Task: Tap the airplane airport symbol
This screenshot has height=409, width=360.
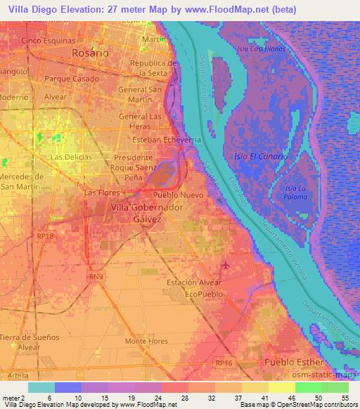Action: [224, 265]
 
